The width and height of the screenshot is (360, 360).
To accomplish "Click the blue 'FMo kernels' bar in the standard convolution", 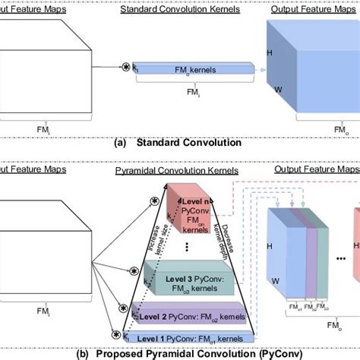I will [x=193, y=69].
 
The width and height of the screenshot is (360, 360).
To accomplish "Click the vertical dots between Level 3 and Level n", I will [x=187, y=245].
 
